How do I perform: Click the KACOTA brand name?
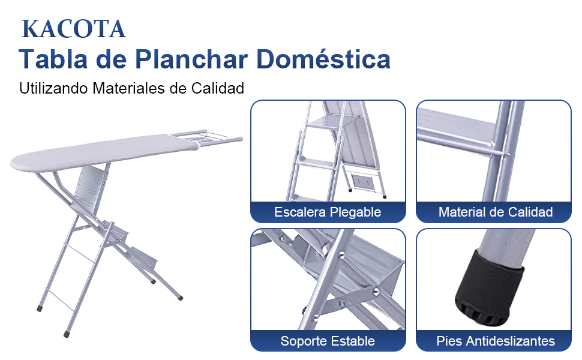click(x=73, y=29)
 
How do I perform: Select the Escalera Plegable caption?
click(x=328, y=212)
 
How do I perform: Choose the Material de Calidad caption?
click(x=495, y=212)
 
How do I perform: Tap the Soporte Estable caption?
click(x=328, y=341)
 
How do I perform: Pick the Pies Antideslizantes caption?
click(x=495, y=341)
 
